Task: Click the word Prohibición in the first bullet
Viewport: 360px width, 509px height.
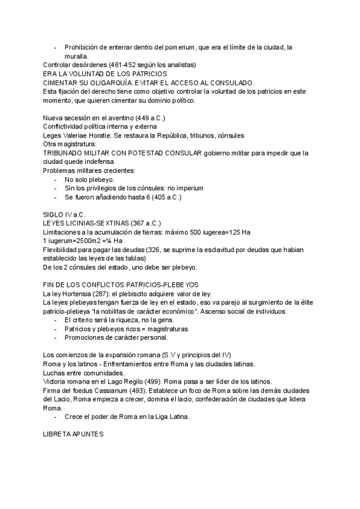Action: (83, 47)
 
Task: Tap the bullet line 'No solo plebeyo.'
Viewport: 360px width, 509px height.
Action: (89, 179)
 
